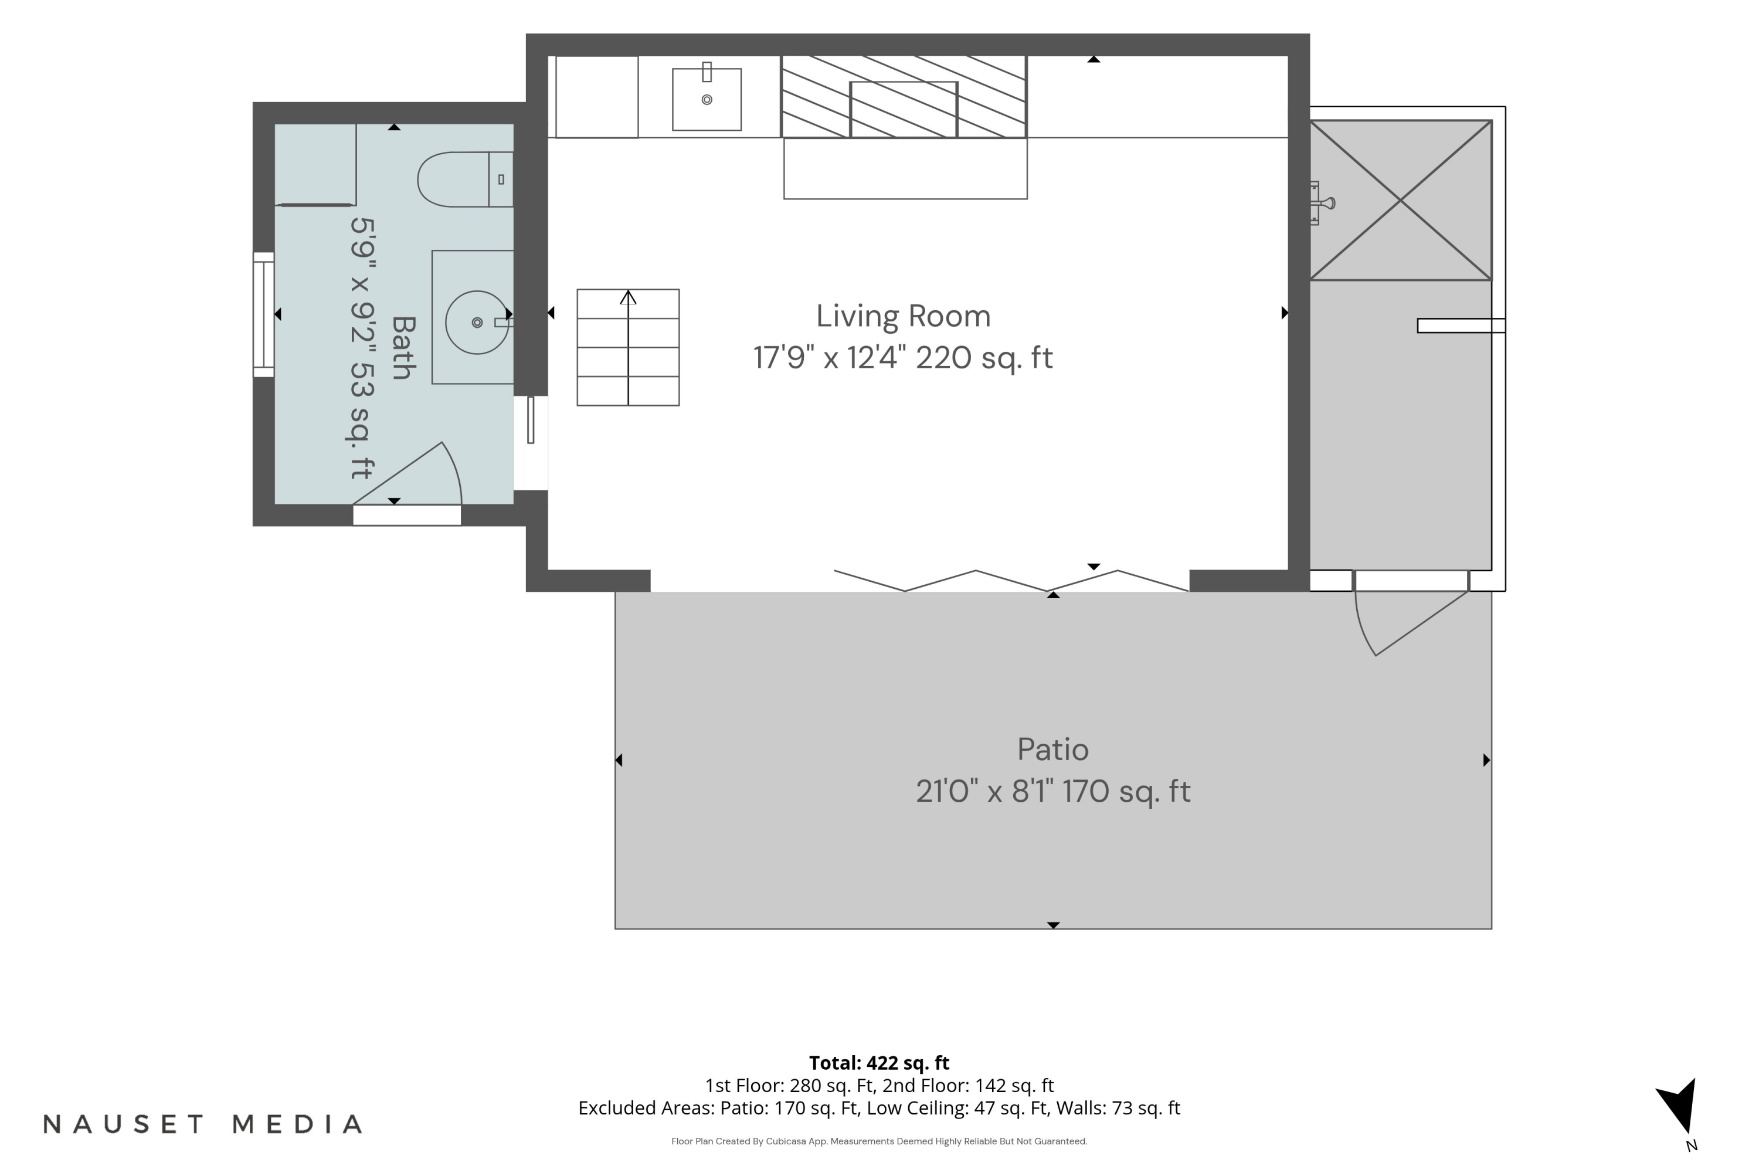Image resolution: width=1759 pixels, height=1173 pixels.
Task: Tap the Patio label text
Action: [x=1052, y=750]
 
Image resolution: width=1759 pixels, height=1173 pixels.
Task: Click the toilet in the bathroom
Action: [x=464, y=179]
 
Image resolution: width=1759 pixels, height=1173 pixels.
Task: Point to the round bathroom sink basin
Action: [x=476, y=323]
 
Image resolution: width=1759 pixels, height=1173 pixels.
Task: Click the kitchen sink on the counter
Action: [x=707, y=99]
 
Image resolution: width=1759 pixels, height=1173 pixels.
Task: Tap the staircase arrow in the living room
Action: [x=628, y=348]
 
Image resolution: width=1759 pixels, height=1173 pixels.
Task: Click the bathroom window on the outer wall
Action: [x=263, y=314]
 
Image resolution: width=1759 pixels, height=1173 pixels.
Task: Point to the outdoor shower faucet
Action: [x=1322, y=203]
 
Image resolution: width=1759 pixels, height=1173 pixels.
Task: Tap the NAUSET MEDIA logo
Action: [x=203, y=1124]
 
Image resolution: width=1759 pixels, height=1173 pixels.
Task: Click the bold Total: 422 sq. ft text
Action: [x=879, y=1062]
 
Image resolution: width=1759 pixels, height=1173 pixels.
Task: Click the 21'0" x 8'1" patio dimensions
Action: [x=985, y=791]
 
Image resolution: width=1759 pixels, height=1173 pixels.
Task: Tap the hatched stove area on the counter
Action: [x=904, y=97]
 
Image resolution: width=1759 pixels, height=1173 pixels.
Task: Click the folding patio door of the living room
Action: [x=1011, y=581]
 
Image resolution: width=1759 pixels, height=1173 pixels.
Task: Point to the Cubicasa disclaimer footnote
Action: [x=879, y=1141]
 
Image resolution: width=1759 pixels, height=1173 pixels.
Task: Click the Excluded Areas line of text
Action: [x=879, y=1108]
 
